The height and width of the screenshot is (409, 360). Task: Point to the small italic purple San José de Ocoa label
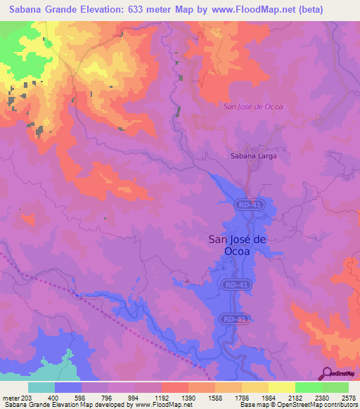point(252,107)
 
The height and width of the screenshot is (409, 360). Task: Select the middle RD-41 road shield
point(238,285)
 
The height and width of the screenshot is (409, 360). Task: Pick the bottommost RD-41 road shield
point(239,318)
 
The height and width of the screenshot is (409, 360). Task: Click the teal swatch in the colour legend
point(41,387)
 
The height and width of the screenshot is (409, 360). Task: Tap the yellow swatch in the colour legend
point(281,387)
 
